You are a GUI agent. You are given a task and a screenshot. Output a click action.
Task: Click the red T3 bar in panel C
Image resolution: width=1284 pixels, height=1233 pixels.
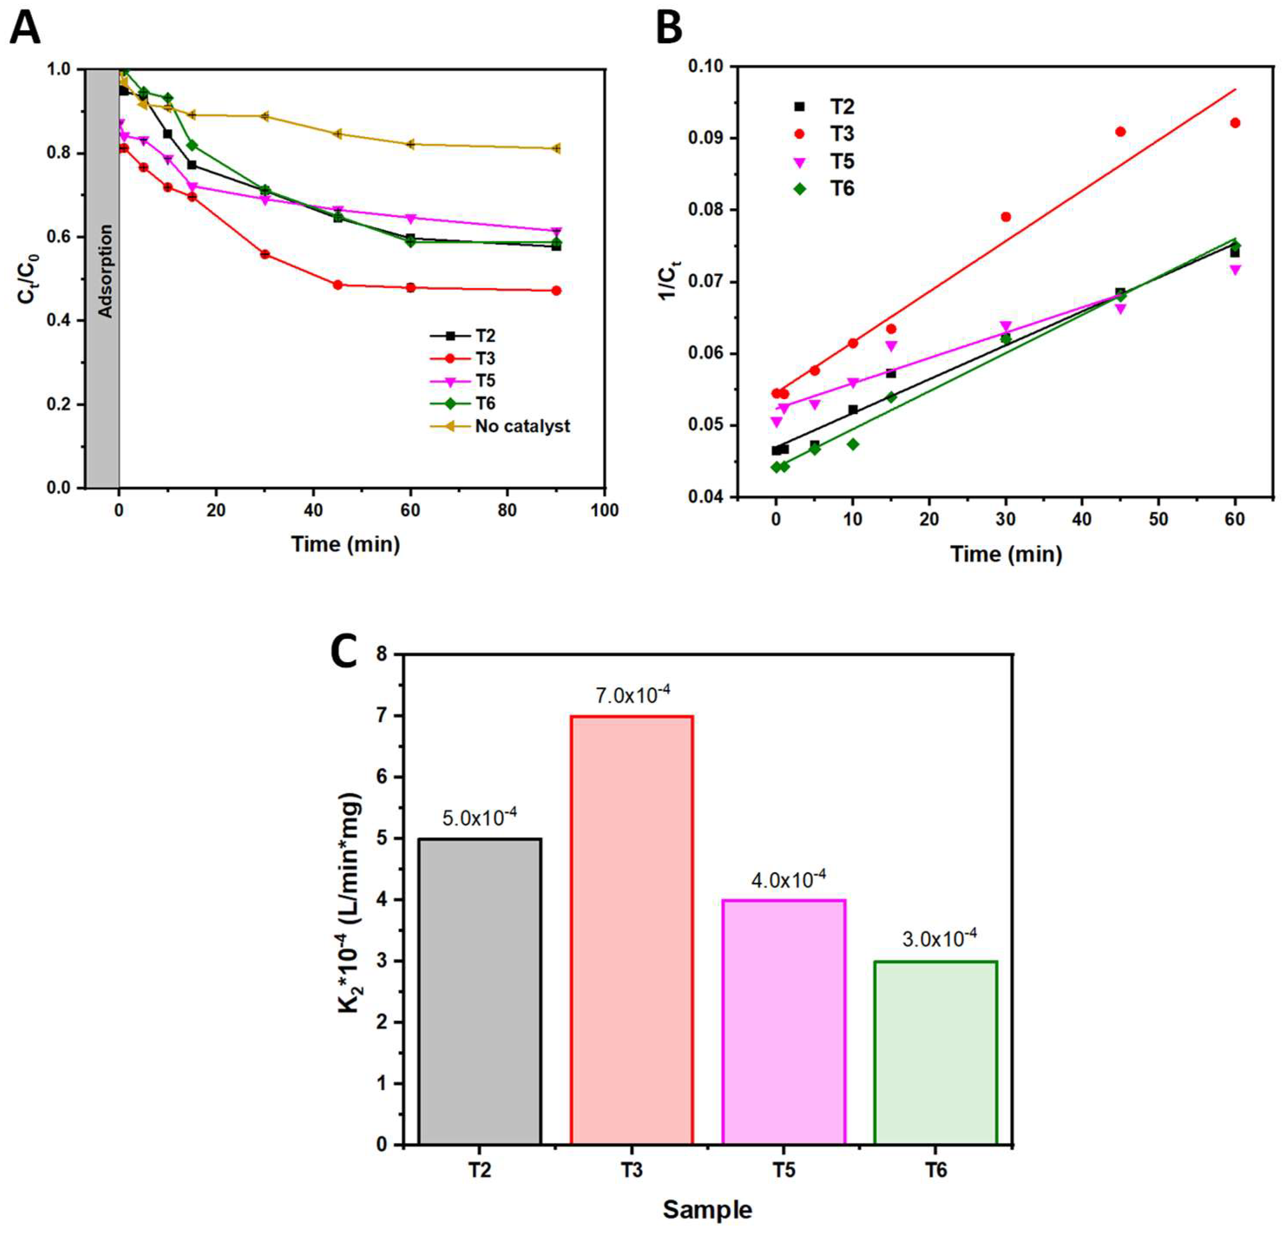[x=632, y=930]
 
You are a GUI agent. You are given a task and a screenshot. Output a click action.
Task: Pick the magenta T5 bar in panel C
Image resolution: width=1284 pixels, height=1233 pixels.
[x=784, y=1022]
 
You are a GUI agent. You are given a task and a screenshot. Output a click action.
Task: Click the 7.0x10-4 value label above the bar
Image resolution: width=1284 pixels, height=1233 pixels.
[x=633, y=695]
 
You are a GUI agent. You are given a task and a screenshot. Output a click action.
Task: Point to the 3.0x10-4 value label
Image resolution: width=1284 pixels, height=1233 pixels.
[x=939, y=940]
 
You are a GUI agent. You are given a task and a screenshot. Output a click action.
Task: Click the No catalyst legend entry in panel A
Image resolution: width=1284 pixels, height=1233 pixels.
[x=522, y=426]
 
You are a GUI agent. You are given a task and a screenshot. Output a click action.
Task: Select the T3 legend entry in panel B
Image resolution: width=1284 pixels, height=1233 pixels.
[x=842, y=133]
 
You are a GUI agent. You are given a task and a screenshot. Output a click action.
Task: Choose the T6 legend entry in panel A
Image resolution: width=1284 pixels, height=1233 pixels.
[x=485, y=403]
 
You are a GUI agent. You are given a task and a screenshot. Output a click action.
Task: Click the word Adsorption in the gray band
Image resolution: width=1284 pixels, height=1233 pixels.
[x=105, y=271]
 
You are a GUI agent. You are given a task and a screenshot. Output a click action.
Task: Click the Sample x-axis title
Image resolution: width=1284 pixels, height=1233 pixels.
[x=707, y=1209]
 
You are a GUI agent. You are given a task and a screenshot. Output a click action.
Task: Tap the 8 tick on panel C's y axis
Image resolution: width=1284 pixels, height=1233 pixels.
[x=384, y=655]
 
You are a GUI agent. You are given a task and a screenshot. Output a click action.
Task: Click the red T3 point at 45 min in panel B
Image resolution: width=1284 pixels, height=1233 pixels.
[x=1120, y=132]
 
